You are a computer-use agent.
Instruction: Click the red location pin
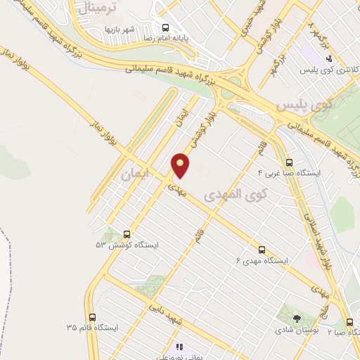point(181,165)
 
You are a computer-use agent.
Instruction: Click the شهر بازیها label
point(120,29)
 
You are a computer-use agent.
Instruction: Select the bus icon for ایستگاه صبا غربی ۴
point(290,160)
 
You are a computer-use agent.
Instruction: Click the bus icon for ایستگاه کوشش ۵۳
point(127,234)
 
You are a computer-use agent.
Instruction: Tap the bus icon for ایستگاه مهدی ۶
point(262,250)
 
